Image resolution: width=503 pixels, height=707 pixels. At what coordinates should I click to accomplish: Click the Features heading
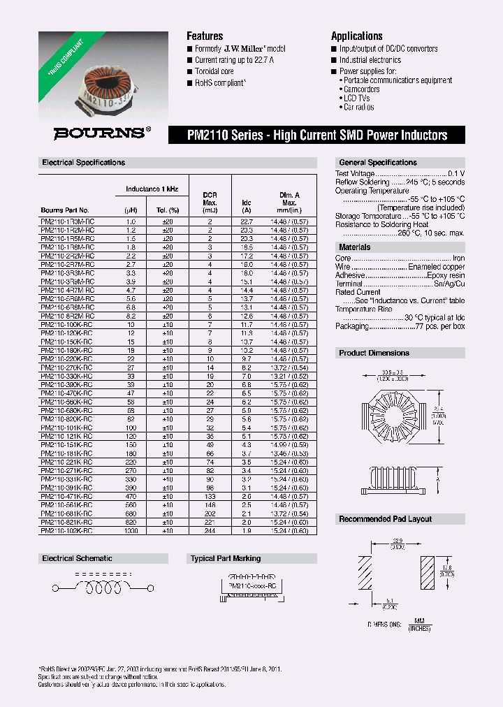pos(205,36)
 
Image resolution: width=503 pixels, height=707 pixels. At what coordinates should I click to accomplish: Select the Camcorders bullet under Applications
pos(362,89)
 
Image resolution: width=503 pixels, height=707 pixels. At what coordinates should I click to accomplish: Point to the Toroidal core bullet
pos(214,71)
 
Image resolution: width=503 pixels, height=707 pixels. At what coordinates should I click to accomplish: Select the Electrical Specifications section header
pos(84,163)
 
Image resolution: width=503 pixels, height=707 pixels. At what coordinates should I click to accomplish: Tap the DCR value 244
pos(210,532)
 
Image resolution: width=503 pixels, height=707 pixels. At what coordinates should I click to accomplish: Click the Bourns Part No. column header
pos(65,210)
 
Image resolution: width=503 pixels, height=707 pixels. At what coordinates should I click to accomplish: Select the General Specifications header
pos(378,163)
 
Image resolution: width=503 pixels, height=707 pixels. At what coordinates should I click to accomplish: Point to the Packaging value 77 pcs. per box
pos(437,326)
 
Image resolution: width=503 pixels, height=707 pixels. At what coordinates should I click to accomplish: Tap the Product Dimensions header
pos(374,353)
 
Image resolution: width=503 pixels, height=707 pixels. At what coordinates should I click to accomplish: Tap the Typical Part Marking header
pos(226,559)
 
